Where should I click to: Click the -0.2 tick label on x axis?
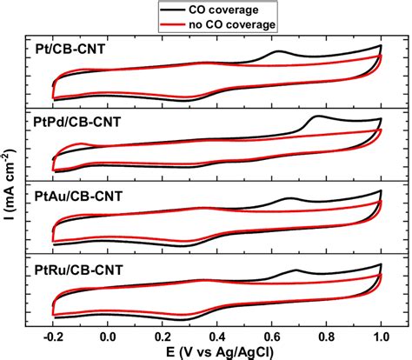51,333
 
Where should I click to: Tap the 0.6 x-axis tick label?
272,333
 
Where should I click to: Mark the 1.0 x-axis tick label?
381,333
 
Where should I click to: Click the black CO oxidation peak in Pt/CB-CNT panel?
279,52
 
